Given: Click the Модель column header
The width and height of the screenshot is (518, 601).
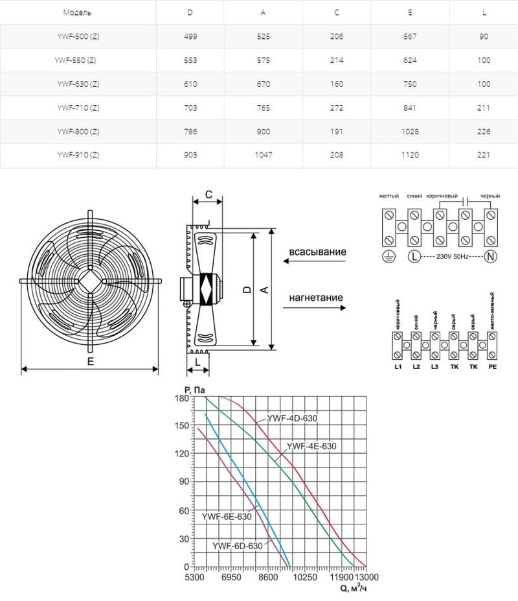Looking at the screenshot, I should [78, 13].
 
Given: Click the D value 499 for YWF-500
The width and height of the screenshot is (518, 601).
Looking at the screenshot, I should [190, 37].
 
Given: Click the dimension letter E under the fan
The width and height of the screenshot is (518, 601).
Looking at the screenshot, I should [91, 362].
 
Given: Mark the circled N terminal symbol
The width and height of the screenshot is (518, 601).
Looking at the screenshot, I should [490, 256].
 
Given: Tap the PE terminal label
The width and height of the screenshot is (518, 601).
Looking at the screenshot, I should [492, 367].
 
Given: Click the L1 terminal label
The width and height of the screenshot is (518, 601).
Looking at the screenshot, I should [398, 367].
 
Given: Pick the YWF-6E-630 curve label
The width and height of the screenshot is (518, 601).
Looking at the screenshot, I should [226, 517].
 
